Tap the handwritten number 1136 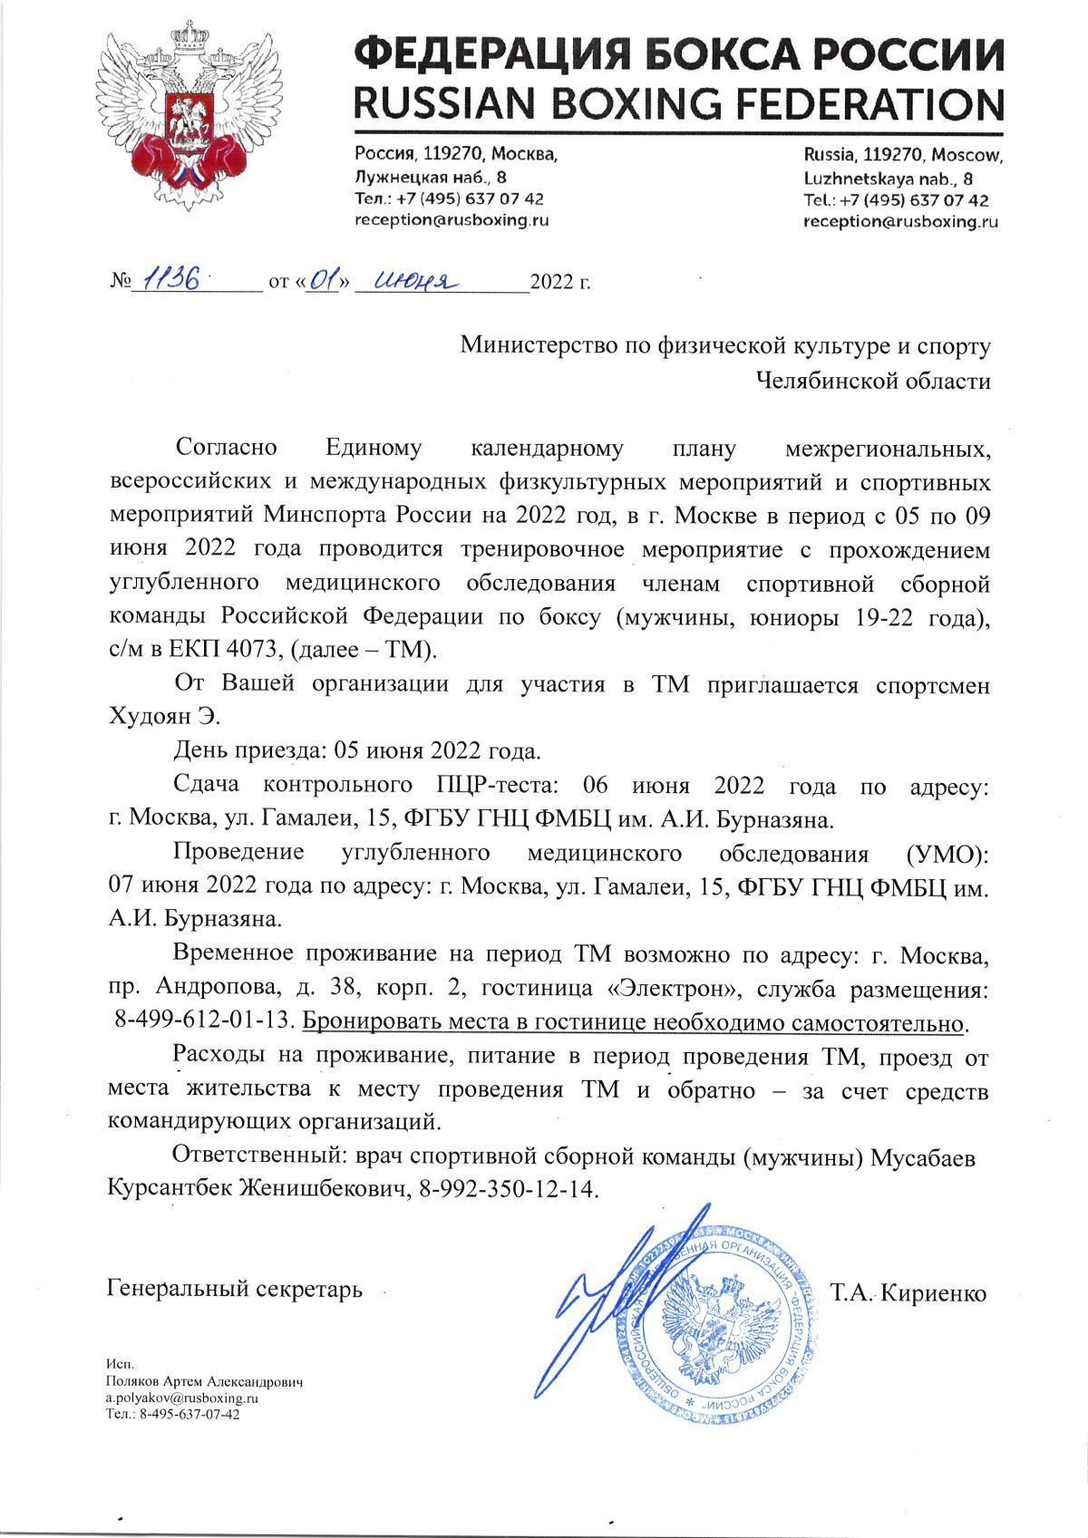[x=173, y=282]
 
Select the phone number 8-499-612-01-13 [x=206, y=1021]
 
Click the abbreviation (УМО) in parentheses [x=942, y=854]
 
